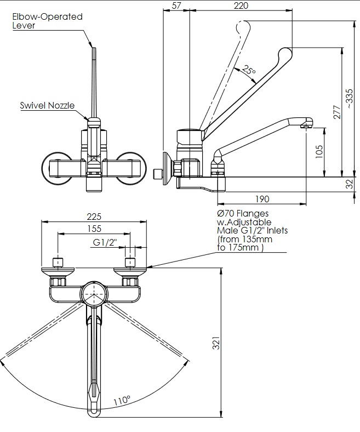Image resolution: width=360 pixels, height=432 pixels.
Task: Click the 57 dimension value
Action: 176,5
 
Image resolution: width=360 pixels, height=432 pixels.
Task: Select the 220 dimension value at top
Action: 241,5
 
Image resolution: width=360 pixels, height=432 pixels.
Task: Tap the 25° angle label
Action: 249,71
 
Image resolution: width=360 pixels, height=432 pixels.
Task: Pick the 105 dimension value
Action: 319,151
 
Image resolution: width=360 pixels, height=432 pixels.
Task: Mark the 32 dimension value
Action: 351,185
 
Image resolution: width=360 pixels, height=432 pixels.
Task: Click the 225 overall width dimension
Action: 94,217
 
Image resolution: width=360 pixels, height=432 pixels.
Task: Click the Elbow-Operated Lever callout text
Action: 47,21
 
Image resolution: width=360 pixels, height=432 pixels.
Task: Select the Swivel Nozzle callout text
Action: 47,105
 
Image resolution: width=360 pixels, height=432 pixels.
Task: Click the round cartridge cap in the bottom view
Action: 94,293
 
